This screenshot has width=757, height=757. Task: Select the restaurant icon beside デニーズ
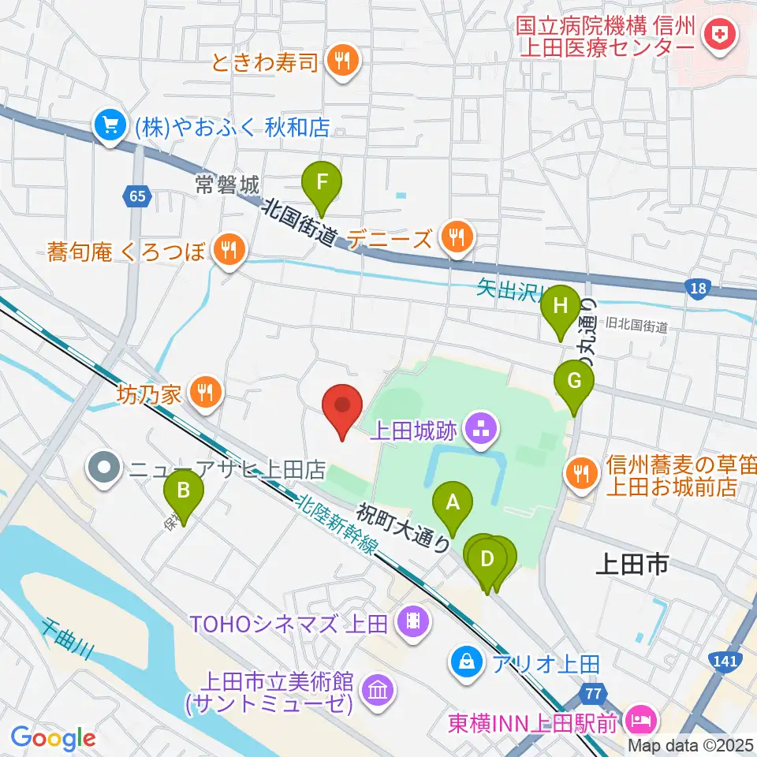[456, 235]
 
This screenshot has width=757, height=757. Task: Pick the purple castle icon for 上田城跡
[479, 430]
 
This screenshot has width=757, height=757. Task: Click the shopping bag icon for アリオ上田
[466, 661]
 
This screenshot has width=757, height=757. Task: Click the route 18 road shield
[697, 289]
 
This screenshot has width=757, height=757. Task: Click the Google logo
[53, 739]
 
